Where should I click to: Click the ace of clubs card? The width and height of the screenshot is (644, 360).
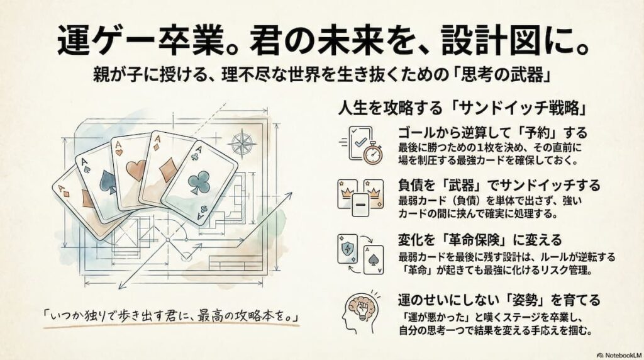pyautogui.click(x=199, y=183)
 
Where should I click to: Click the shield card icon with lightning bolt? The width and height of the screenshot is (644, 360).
pyautogui.click(x=347, y=248)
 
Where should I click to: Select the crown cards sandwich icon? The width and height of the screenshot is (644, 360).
pyautogui.click(x=360, y=197)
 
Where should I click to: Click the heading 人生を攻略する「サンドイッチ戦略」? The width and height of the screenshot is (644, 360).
pyautogui.click(x=463, y=108)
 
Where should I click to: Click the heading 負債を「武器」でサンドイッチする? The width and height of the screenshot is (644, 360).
pyautogui.click(x=499, y=186)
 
